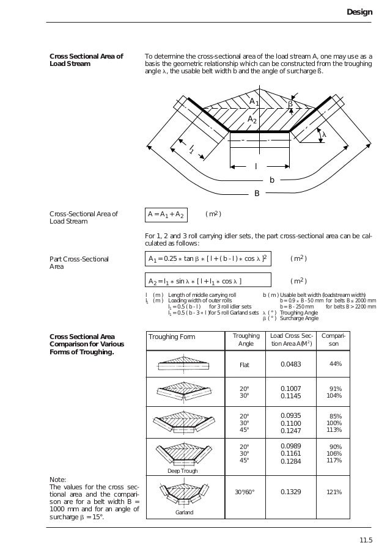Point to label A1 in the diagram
(254, 101)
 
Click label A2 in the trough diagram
(251, 120)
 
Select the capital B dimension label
(257, 194)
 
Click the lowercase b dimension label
(272, 180)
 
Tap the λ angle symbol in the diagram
(324, 134)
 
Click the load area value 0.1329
(291, 492)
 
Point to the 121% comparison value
(334, 492)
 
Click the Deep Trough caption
(181, 472)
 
